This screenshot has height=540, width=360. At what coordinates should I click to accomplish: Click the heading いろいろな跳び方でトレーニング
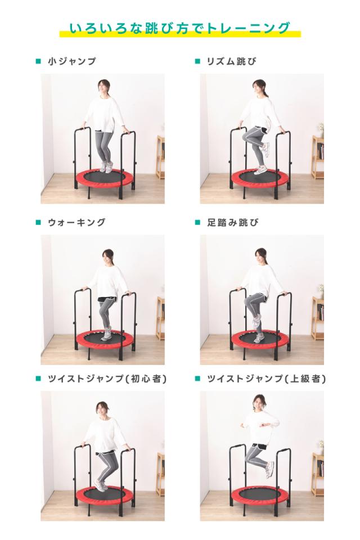(180, 28)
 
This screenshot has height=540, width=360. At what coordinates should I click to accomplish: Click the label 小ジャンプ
(73, 61)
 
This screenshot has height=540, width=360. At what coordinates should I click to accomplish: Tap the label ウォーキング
(77, 222)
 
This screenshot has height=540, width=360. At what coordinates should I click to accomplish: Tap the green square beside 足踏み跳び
(197, 222)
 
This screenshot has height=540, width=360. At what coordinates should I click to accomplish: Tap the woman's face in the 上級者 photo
(259, 403)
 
